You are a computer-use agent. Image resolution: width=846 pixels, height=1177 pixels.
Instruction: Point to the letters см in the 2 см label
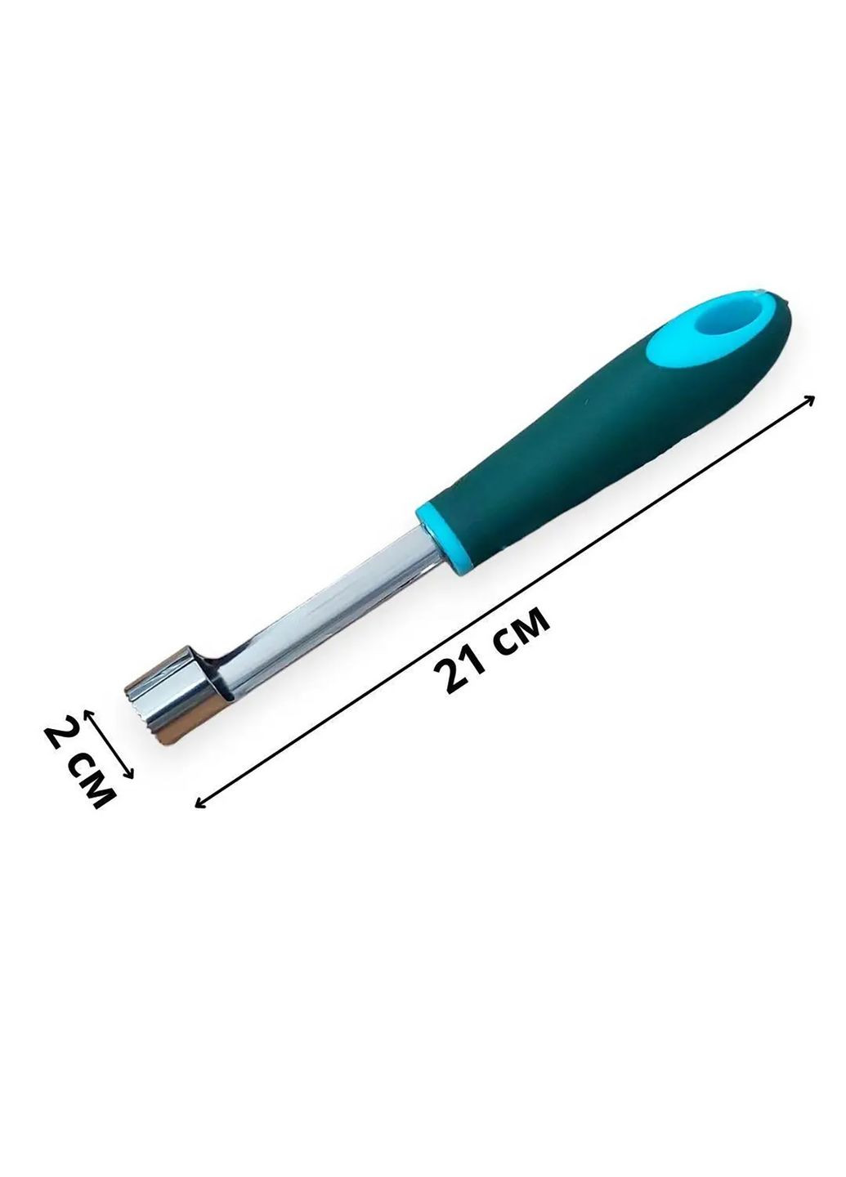point(93,783)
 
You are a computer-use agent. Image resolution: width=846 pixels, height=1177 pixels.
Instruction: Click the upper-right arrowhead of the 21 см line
point(810,399)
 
